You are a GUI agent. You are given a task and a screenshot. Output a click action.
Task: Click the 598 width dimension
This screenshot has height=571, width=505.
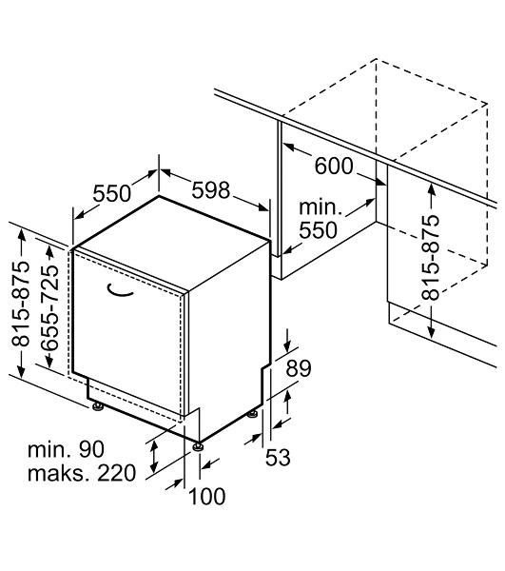pos(211,190)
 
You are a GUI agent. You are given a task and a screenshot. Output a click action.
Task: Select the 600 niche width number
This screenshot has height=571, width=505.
pos(334,166)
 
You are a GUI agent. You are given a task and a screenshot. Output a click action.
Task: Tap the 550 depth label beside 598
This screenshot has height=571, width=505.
pos(111,193)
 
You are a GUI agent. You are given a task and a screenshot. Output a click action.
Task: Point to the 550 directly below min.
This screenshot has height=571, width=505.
pos(319,230)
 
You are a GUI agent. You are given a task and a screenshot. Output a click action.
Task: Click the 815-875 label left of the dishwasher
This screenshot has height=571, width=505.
pos(20,304)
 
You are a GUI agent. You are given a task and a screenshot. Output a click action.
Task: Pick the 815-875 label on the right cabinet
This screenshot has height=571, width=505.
pos(431,258)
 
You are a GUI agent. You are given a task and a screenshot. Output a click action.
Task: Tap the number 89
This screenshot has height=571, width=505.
pos(299,368)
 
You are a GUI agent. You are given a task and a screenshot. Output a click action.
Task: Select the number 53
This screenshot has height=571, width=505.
pos(278,458)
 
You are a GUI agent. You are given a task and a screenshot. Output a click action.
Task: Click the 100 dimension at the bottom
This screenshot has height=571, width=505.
pos(206,497)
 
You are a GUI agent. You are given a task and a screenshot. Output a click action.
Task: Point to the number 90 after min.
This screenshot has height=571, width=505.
pos(91,449)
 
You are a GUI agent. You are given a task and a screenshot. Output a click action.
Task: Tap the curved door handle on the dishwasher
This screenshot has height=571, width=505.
pos(120,290)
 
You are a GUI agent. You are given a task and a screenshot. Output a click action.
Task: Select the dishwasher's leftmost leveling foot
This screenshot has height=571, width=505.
pos(98,406)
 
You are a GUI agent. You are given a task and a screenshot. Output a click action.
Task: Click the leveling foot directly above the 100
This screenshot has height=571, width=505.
pos(198,447)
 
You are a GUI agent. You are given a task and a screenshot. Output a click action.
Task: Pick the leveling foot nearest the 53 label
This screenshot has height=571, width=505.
pos(253,414)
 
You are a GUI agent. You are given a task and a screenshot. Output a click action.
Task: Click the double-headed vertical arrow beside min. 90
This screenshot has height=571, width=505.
pos(155,456)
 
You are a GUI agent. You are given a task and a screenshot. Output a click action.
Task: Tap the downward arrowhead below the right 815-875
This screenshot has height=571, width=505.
pos(431,331)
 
